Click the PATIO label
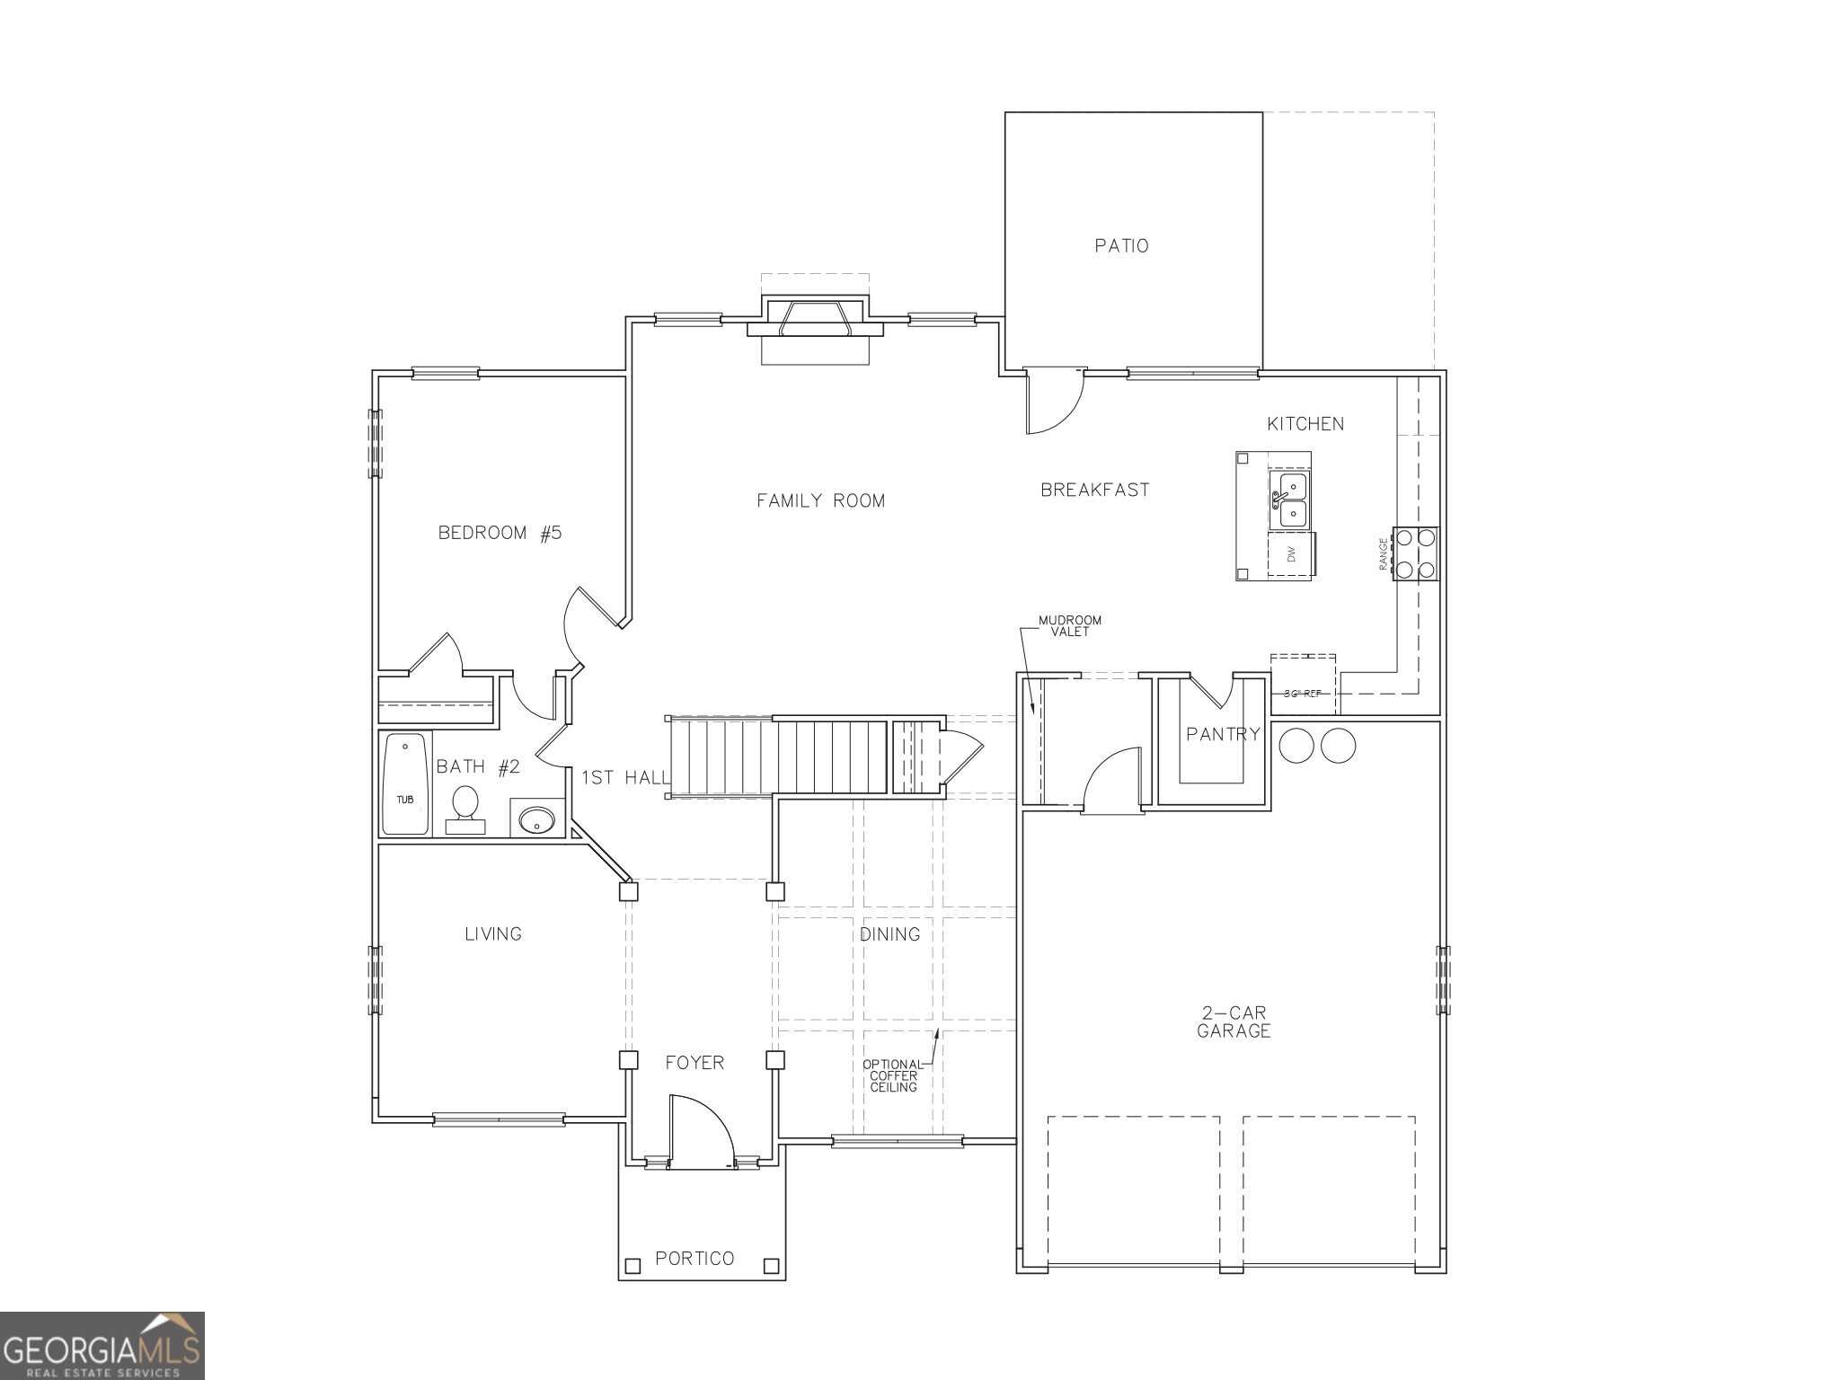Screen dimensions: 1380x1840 1121,245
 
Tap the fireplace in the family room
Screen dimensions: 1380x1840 815,321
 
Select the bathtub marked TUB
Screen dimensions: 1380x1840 405,783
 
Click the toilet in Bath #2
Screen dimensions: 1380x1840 464,805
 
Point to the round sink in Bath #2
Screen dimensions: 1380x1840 537,818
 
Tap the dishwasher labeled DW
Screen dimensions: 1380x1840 1291,554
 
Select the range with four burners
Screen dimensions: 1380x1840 1414,553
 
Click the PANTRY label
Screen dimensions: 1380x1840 1223,734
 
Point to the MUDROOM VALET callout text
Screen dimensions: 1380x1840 1069,625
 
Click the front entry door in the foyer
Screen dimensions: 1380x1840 701,1134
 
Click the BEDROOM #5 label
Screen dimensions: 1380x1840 500,533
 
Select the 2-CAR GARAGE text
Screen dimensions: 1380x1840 1234,1022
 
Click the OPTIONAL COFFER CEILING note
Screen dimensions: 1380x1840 892,1075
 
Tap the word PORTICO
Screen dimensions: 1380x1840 694,1258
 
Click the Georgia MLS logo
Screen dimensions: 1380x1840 102,1345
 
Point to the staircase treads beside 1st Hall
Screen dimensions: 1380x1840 777,756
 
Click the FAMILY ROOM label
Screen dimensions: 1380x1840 820,500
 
